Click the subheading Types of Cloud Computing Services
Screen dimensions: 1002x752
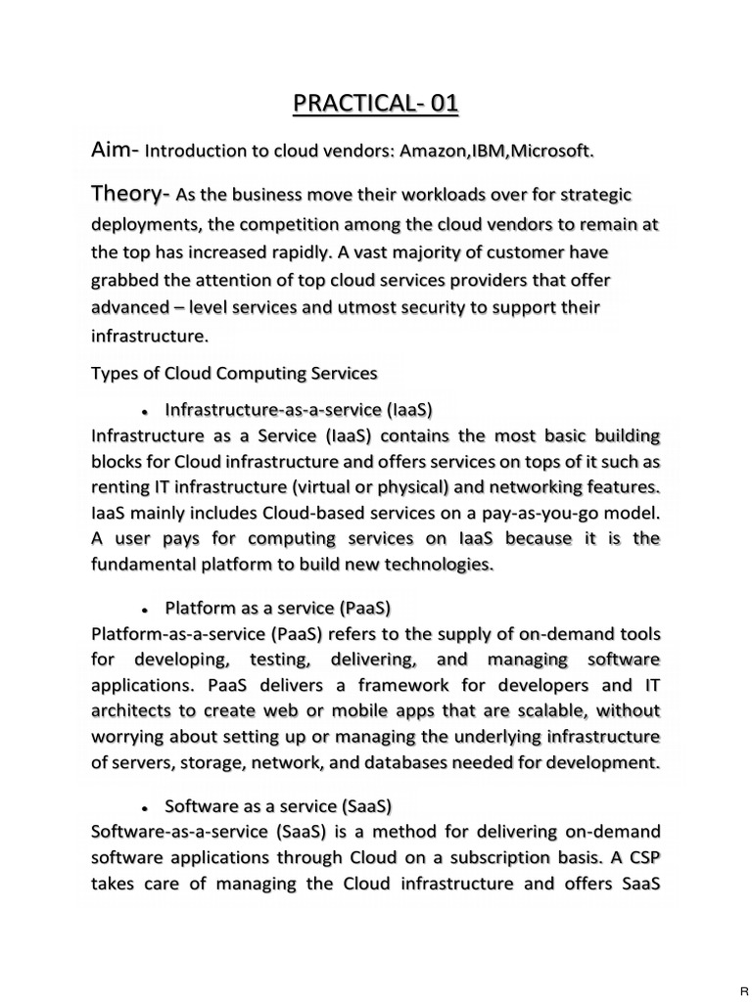(x=234, y=373)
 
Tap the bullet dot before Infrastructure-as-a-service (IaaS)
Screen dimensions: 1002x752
(x=144, y=408)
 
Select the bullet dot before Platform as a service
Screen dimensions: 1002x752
(x=144, y=609)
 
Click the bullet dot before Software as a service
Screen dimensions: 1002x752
(x=144, y=808)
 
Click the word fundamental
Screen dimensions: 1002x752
(x=141, y=565)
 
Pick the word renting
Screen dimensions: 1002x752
(x=119, y=487)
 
